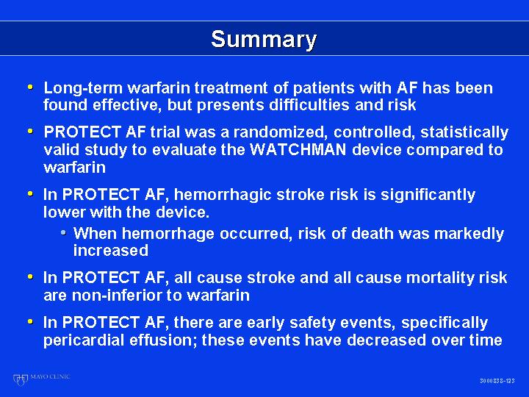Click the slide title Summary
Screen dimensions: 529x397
(x=264, y=40)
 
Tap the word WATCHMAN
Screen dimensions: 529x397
(x=298, y=149)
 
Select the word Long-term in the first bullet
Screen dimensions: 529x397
(x=83, y=88)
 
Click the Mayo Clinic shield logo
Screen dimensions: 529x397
(x=20, y=379)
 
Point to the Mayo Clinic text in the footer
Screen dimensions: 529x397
(x=50, y=376)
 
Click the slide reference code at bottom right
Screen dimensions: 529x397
(x=497, y=381)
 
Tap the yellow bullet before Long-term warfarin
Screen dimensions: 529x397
(x=30, y=87)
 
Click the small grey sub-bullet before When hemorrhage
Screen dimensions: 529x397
(x=63, y=233)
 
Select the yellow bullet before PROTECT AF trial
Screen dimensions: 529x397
(x=30, y=131)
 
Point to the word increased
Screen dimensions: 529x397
(x=111, y=251)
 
